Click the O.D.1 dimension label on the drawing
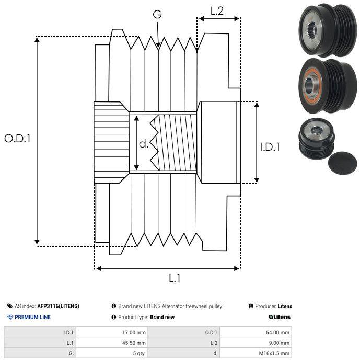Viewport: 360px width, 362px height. point(17,139)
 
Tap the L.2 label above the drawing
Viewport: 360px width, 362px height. point(217,11)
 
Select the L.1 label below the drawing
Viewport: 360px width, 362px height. point(175,278)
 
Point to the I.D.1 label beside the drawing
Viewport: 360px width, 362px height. point(270,147)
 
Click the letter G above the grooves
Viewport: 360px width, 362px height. point(157,14)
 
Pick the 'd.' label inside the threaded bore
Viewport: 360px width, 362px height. point(144,144)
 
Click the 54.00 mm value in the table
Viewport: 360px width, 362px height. point(277,333)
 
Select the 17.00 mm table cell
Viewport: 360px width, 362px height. point(134,333)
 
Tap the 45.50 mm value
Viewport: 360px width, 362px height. point(134,343)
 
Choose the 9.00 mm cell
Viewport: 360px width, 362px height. point(279,343)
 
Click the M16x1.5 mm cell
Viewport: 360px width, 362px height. point(274,353)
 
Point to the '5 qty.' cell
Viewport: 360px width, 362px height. point(140,353)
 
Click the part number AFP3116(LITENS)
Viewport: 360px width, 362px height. point(58,306)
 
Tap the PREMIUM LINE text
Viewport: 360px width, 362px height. point(32,317)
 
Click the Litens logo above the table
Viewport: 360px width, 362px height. point(280,317)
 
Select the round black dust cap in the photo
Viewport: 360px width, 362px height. point(342,163)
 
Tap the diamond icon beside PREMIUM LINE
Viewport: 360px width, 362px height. point(10,317)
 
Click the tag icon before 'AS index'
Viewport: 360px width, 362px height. point(10,306)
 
